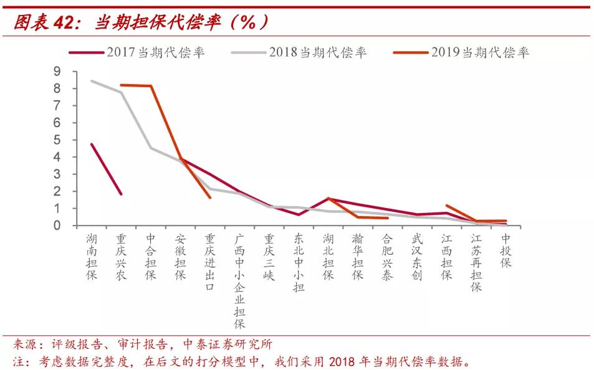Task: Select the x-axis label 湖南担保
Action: click(x=91, y=257)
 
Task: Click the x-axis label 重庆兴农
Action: click(x=121, y=257)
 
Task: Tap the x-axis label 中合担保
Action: click(x=151, y=257)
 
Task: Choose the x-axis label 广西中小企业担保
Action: click(x=240, y=281)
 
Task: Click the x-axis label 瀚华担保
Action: click(x=358, y=257)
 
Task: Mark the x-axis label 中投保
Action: click(x=505, y=250)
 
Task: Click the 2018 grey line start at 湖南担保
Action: click(x=92, y=80)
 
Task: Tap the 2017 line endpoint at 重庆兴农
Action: click(x=121, y=194)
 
